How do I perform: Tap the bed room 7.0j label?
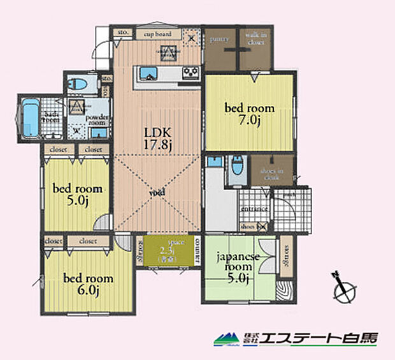click(250, 114)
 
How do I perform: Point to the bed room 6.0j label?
click(88, 284)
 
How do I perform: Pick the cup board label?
click(157, 34)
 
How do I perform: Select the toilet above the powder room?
click(81, 85)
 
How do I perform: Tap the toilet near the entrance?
click(237, 167)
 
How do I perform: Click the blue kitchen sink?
click(147, 73)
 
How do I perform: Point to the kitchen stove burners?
click(190, 71)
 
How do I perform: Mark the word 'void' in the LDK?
click(157, 192)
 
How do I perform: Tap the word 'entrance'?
click(253, 209)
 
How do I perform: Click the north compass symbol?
click(344, 287)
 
